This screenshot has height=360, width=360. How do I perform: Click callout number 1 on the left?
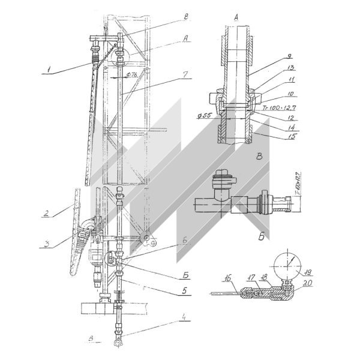pyautogui.click(x=47, y=70)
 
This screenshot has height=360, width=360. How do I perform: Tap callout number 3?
pyautogui.click(x=45, y=242)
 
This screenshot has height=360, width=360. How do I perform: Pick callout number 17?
pyautogui.click(x=251, y=276)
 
